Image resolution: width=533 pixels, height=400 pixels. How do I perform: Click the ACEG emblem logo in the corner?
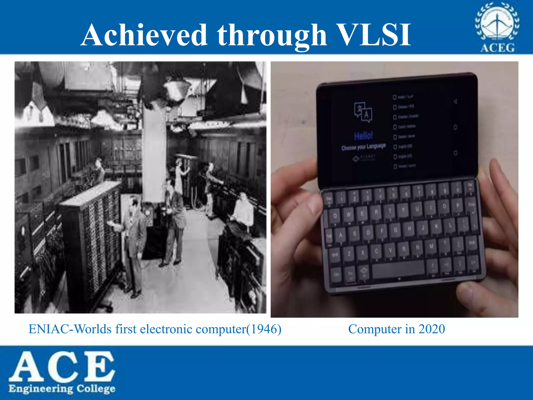click(497, 27)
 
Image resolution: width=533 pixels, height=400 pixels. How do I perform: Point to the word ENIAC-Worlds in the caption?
click(70, 329)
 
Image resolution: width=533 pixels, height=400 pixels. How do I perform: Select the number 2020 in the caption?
click(432, 329)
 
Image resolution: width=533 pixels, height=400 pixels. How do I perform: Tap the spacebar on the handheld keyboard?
click(398, 270)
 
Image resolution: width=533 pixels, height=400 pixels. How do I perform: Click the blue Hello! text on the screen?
click(363, 136)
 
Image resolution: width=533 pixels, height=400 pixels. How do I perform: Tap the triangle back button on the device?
click(455, 101)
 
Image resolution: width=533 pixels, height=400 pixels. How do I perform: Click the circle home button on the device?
click(455, 127)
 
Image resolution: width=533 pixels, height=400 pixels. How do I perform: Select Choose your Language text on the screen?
click(364, 147)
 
